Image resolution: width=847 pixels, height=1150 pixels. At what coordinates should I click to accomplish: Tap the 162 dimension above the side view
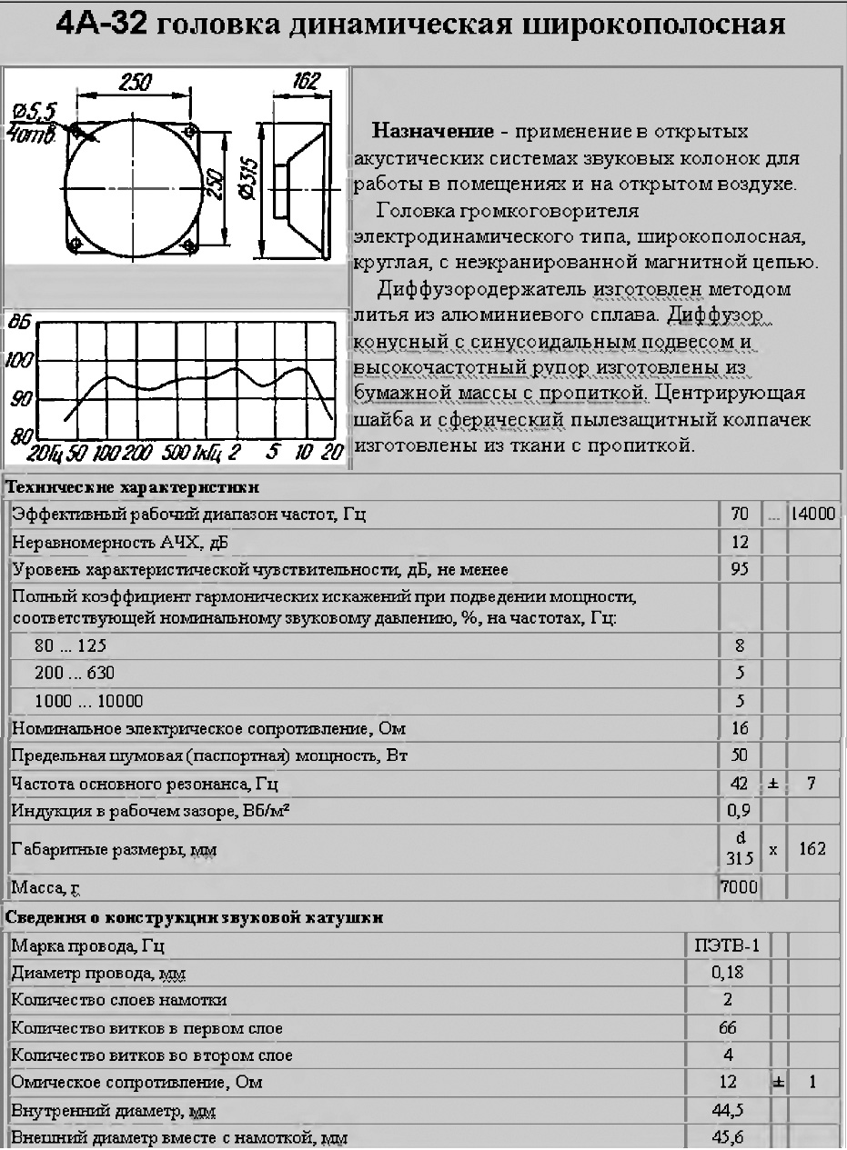[x=306, y=82]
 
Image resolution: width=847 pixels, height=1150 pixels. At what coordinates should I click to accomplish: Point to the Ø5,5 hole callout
[x=35, y=111]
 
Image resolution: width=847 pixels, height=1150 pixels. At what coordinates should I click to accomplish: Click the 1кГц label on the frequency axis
[x=208, y=452]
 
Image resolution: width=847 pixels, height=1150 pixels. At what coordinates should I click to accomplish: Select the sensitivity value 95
[x=739, y=569]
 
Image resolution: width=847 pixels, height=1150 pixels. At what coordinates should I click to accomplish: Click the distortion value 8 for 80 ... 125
[x=739, y=647]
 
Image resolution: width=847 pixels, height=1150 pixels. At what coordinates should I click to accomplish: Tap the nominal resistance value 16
[x=739, y=729]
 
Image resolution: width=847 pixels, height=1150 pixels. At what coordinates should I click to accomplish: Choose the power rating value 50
[x=739, y=756]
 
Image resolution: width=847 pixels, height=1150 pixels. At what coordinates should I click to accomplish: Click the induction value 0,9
[x=739, y=810]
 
